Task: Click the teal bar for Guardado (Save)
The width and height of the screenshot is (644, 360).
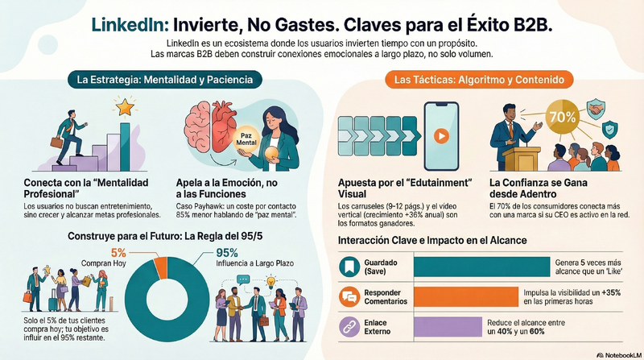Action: point(481,267)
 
